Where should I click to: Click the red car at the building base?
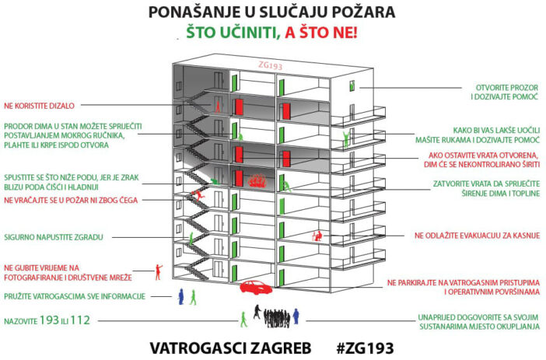[x=257, y=287]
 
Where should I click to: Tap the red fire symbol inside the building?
[x=257, y=181]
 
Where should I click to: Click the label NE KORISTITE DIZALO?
[x=39, y=106]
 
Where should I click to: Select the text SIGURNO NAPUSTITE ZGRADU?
[x=54, y=237]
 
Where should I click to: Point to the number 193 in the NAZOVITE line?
[x=49, y=320]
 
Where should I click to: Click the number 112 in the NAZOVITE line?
[x=80, y=320]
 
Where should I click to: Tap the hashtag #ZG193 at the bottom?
[x=366, y=348]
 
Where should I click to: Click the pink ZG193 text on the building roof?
[x=270, y=65]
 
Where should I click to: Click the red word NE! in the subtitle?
[x=345, y=33]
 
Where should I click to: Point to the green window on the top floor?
[x=352, y=86]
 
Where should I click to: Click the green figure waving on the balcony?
[x=346, y=139]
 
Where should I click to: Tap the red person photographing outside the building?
[x=159, y=272]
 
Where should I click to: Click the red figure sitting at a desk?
[x=317, y=236]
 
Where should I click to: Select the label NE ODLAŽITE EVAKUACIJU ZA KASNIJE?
[x=477, y=236]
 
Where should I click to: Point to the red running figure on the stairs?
[x=198, y=195]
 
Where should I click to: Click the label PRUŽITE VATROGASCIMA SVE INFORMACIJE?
[x=75, y=297]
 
